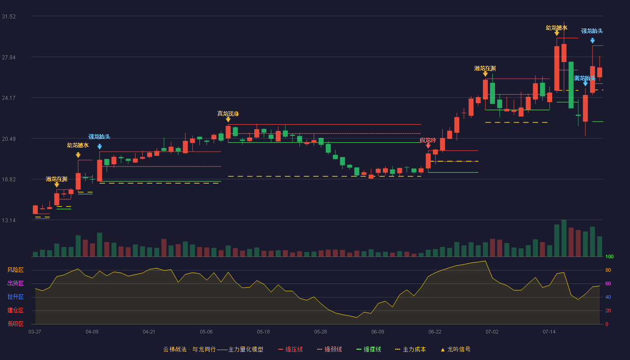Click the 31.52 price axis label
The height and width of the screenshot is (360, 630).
click(x=9, y=17)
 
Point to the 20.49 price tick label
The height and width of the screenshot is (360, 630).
click(x=9, y=139)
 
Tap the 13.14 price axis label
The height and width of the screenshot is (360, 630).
click(x=9, y=220)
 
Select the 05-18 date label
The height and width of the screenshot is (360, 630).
click(x=263, y=332)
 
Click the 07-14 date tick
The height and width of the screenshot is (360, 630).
click(x=549, y=332)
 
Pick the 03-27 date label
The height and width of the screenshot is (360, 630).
click(x=35, y=332)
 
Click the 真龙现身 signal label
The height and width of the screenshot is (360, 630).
click(x=228, y=113)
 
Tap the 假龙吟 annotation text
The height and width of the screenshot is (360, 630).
click(x=428, y=140)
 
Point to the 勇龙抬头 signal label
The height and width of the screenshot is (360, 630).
click(x=585, y=78)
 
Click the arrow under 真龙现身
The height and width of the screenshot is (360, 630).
click(x=228, y=120)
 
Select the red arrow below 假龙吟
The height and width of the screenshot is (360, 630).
click(x=428, y=146)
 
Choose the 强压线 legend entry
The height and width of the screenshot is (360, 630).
click(x=290, y=349)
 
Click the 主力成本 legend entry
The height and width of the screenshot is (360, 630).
click(x=410, y=349)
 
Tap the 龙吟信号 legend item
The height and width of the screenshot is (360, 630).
click(x=455, y=349)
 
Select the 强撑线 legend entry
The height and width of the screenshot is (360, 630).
click(x=369, y=349)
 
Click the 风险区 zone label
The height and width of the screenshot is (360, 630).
click(x=15, y=270)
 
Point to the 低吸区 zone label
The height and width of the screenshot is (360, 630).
click(x=15, y=324)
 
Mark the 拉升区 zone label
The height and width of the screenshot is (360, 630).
click(x=15, y=297)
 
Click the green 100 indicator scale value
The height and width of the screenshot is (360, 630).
click(x=609, y=256)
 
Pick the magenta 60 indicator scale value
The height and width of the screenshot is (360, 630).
click(x=608, y=283)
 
